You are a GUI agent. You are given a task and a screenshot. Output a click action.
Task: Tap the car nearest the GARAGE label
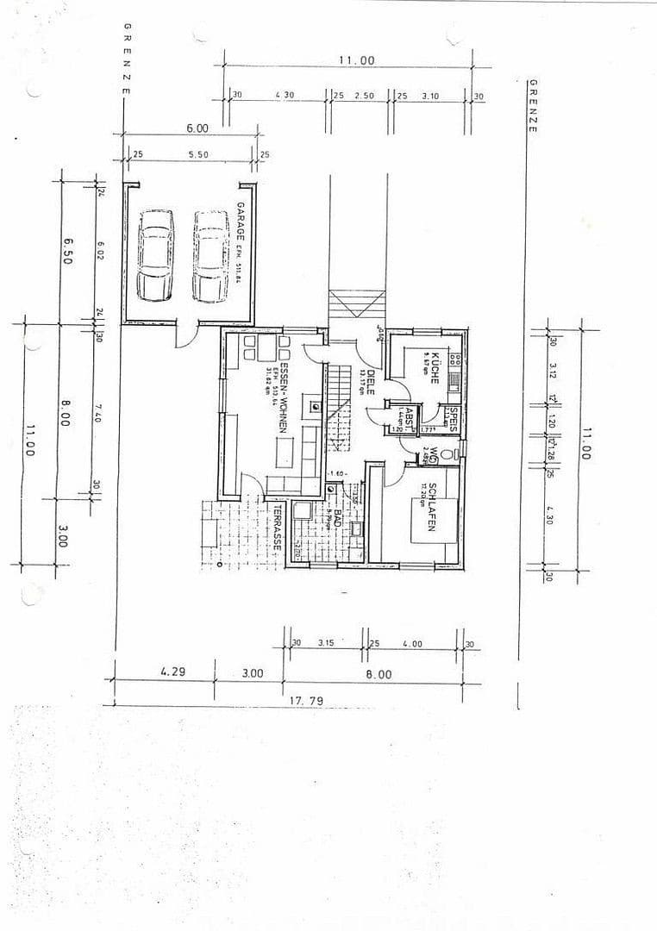pos(210,256)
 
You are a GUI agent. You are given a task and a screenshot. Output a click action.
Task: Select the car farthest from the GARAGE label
pos(155,256)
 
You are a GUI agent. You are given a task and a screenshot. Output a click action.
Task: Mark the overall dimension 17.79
pos(306,701)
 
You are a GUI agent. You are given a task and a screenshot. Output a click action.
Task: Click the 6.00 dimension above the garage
pos(197,128)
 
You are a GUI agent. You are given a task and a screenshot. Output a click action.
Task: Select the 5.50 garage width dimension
pos(197,154)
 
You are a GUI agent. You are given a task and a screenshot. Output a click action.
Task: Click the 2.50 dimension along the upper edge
pos(364,96)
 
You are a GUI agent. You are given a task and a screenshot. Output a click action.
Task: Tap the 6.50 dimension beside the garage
pos(68,252)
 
